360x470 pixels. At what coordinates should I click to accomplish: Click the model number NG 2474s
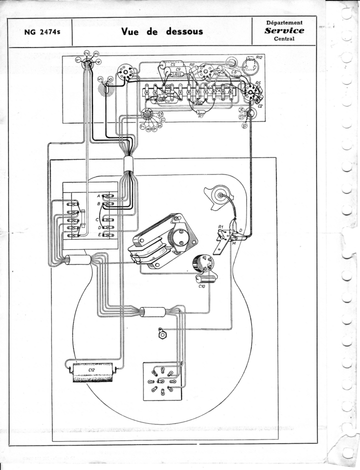coord(40,32)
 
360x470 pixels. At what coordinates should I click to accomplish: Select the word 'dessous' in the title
coord(183,31)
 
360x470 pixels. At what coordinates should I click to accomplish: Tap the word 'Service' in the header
coord(284,30)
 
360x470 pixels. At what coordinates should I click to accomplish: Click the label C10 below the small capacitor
coord(202,286)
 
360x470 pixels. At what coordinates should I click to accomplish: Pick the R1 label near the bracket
coord(220,227)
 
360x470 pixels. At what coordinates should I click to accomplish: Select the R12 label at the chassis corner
coord(259,58)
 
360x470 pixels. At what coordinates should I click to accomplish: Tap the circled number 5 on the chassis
coord(100,79)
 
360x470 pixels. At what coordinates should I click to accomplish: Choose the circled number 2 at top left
coord(86,53)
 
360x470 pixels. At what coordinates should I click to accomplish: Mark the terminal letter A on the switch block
coord(98,195)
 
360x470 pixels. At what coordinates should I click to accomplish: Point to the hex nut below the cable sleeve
coord(162,332)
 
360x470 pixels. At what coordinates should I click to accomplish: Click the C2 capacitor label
coord(259,106)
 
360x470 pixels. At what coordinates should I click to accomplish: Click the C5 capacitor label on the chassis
coord(173,64)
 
